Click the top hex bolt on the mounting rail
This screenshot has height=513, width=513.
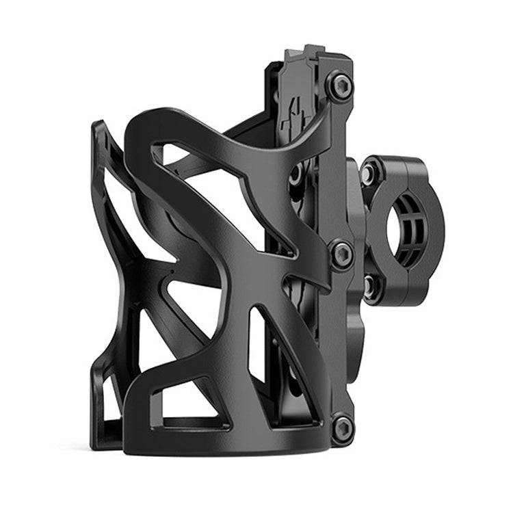[340, 85]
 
